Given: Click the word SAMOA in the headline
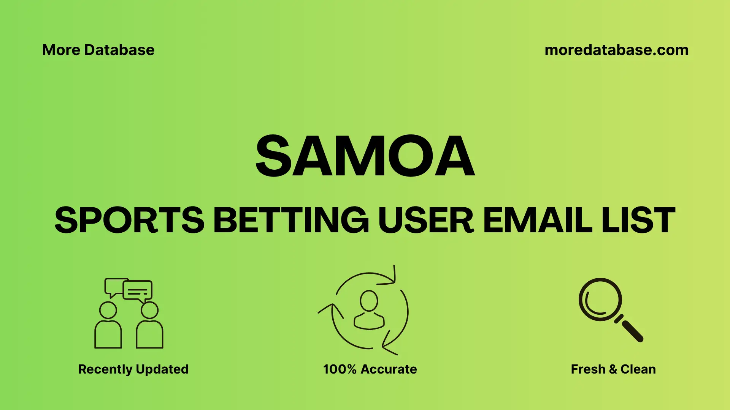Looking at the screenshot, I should pyautogui.click(x=365, y=156).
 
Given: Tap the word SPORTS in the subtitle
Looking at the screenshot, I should pyautogui.click(x=129, y=220).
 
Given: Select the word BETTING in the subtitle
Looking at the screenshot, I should pyautogui.click(x=291, y=220).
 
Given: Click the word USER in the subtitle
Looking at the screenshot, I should pyautogui.click(x=425, y=220).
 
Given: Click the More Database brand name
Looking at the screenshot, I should pyautogui.click(x=98, y=50).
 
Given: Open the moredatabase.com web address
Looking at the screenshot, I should pyautogui.click(x=616, y=50).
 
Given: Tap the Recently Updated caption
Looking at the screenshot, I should pyautogui.click(x=133, y=369).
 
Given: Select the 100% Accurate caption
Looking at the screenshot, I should pyautogui.click(x=370, y=369).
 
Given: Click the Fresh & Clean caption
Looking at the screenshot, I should pyautogui.click(x=613, y=369).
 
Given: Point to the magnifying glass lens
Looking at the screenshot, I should pyautogui.click(x=600, y=300).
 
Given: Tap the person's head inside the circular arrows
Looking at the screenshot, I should pyautogui.click(x=369, y=301).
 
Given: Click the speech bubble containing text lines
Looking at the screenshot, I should pyautogui.click(x=138, y=291).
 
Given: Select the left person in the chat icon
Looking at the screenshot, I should pyautogui.click(x=108, y=326).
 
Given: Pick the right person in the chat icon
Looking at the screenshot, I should pyautogui.click(x=149, y=326).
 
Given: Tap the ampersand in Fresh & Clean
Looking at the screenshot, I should pyautogui.click(x=613, y=369).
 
